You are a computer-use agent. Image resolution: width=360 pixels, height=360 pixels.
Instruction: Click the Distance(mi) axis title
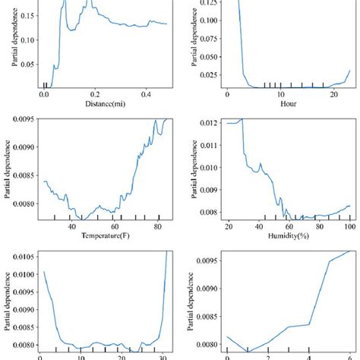[102, 104]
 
